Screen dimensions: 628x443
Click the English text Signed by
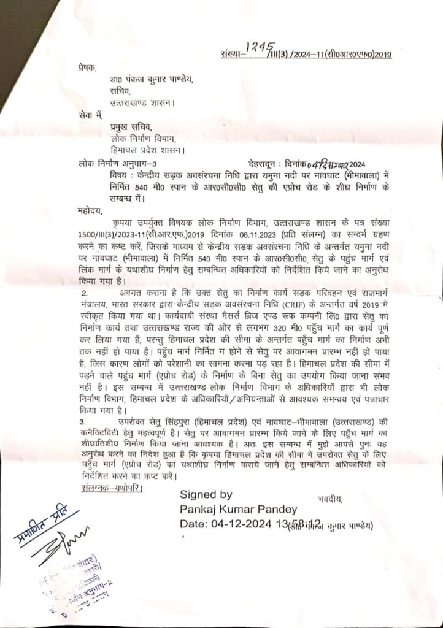point(206,495)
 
